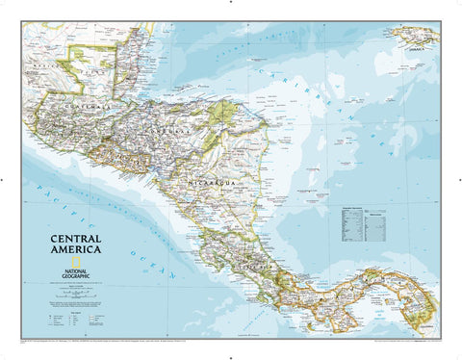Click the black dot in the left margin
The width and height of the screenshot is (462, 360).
point(4,179)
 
